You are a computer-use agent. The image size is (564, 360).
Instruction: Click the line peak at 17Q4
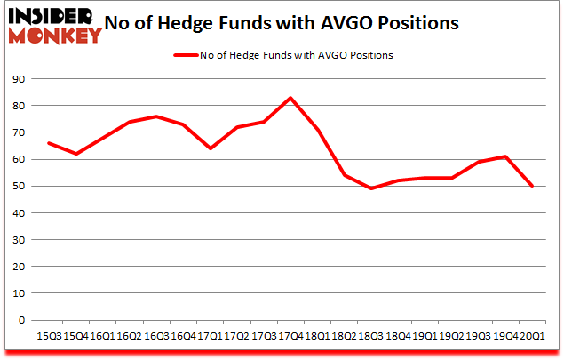pos(290,98)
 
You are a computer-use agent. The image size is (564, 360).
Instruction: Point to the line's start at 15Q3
pos(48,143)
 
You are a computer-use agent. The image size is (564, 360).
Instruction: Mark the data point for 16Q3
pos(155,116)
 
